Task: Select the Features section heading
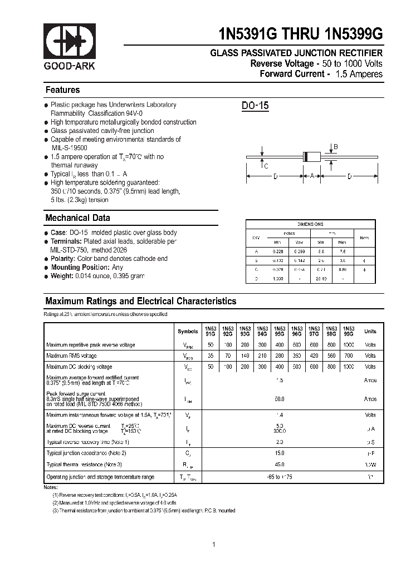pos(62,90)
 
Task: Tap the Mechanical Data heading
pos(77,218)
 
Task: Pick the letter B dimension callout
pos(335,147)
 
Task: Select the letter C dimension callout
pos(266,166)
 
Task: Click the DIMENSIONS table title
pos(310,224)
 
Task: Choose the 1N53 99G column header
pos(348,331)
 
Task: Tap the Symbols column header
pos(188,332)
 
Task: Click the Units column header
pos(370,332)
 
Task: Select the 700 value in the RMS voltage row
pos(348,356)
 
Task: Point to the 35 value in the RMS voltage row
pos(211,356)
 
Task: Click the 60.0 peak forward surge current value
pos(280,399)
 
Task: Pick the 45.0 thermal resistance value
pos(280,464)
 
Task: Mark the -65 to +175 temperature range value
pos(280,477)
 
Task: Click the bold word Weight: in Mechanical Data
pos(62,276)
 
